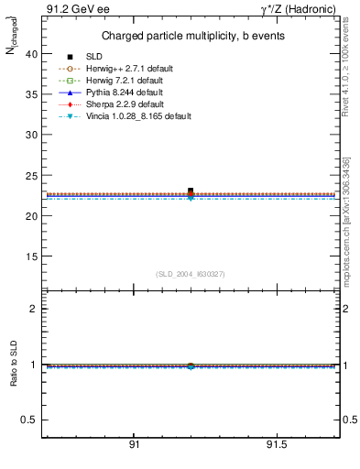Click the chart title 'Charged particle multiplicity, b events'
coord(192,36)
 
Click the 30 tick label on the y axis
coord(31,134)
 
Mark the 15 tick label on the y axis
coord(31,255)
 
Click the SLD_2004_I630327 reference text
coord(191,274)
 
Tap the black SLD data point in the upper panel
coord(191,191)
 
